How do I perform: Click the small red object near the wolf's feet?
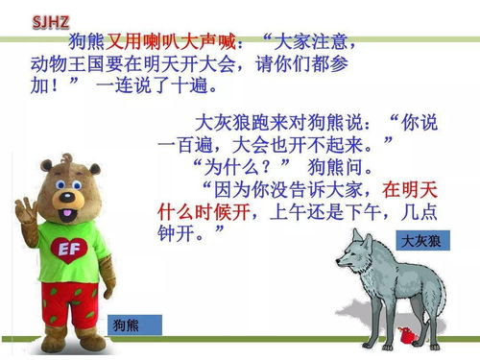[x=407, y=335]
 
